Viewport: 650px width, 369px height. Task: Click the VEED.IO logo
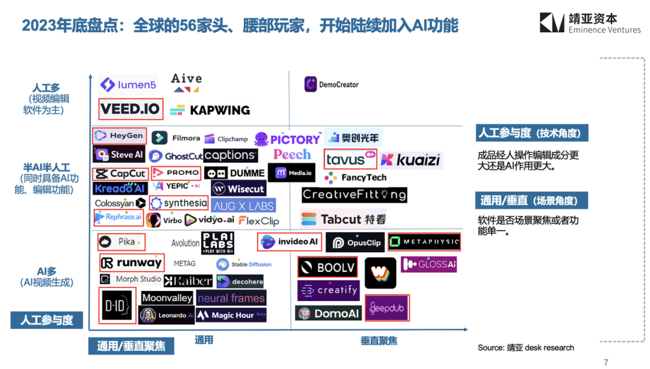pos(131,109)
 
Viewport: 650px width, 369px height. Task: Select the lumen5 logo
pos(128,85)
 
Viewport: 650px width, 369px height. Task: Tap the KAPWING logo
pos(210,110)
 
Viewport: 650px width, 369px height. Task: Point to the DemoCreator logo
pos(331,85)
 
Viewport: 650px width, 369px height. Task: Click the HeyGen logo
pos(119,136)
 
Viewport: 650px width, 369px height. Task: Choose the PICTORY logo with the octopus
pos(288,139)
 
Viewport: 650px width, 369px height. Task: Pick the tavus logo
pos(350,159)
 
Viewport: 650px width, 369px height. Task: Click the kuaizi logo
pos(411,160)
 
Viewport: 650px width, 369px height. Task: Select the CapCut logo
pos(120,174)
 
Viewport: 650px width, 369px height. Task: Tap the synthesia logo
pos(179,203)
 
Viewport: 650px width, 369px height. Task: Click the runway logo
pos(131,263)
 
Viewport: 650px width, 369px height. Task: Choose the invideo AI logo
pos(289,242)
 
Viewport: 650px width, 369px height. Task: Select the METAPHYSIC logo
pos(424,242)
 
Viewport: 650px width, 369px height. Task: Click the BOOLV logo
pos(327,267)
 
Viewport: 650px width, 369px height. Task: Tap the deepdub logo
pos(387,308)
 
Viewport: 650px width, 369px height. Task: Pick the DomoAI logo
pos(328,313)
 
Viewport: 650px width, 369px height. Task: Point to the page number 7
pos(606,362)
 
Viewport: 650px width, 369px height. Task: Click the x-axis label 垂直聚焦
pos(379,341)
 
